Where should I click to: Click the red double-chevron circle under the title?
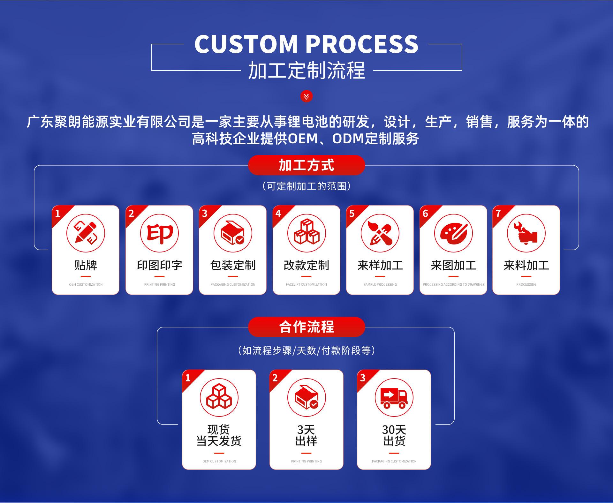click(306, 96)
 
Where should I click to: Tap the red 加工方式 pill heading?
click(306, 165)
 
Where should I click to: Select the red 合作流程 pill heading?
click(306, 327)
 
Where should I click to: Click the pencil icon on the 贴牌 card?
click(86, 233)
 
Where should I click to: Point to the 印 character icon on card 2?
click(160, 233)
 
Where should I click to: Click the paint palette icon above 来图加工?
click(453, 233)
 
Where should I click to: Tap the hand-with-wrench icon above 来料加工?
click(526, 233)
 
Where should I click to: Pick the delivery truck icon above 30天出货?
click(394, 398)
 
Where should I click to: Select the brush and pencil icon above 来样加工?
click(380, 233)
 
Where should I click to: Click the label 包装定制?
click(233, 265)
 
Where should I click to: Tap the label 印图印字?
click(160, 265)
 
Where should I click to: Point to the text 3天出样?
click(306, 435)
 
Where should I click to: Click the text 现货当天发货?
click(219, 435)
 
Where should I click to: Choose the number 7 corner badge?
click(498, 213)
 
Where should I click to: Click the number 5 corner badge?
click(352, 213)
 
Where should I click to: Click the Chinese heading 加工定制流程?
click(306, 71)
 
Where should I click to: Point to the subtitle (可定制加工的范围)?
click(306, 186)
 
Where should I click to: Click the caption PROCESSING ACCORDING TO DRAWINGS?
click(453, 284)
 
